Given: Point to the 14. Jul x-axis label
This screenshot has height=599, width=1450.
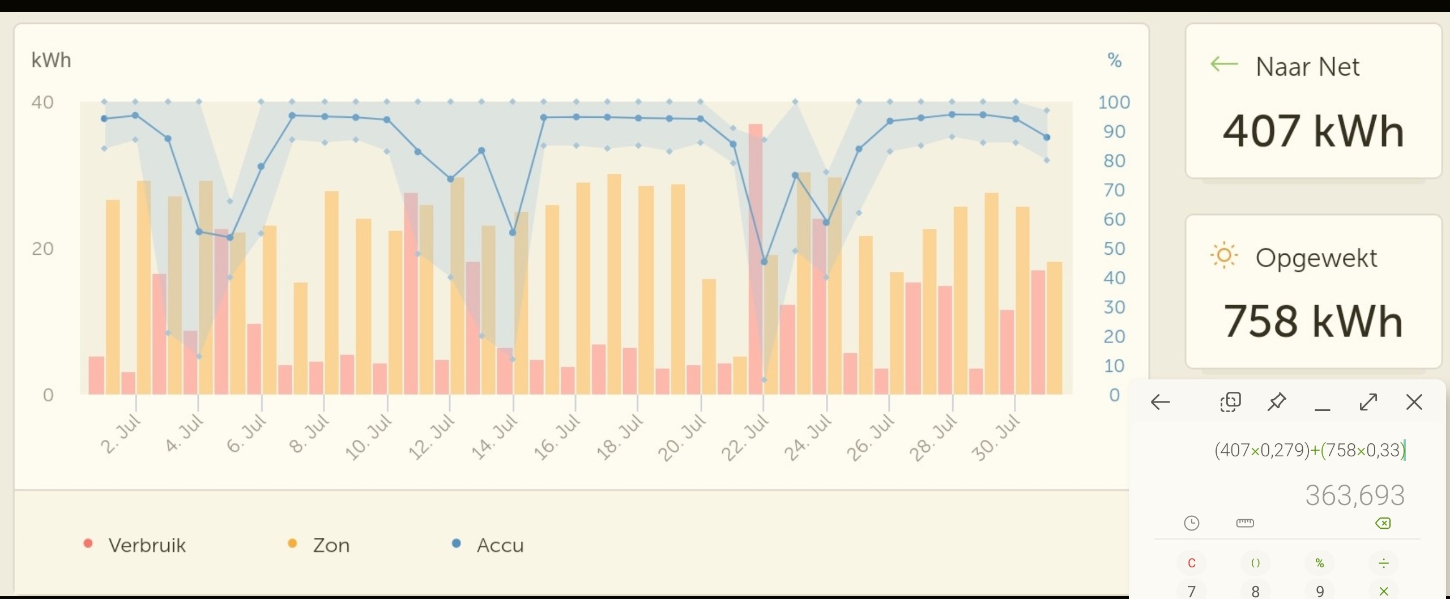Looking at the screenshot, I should point(494,437).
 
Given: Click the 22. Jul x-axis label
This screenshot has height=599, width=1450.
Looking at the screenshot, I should point(744,437).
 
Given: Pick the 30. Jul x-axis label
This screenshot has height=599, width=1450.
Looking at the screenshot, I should point(995,437).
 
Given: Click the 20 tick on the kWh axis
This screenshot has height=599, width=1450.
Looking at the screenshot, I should point(42,249).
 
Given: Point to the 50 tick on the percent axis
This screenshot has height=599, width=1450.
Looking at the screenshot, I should point(1114,249).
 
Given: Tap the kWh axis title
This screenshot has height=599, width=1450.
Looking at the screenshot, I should point(51,60).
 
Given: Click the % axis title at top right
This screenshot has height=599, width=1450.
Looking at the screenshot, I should point(1114,60).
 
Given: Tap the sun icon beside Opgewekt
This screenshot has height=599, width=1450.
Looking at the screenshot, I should point(1223,256).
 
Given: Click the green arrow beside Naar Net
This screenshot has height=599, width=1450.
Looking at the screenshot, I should point(1223,64).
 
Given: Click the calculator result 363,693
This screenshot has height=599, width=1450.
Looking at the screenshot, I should point(1354,495).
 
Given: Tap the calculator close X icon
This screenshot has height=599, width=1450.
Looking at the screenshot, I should point(1414,402).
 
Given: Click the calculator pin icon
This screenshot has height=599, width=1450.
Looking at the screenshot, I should point(1276,402).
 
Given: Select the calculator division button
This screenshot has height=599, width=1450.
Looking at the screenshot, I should point(1383,563).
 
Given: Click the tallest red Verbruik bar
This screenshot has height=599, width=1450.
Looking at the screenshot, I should point(755,258).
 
